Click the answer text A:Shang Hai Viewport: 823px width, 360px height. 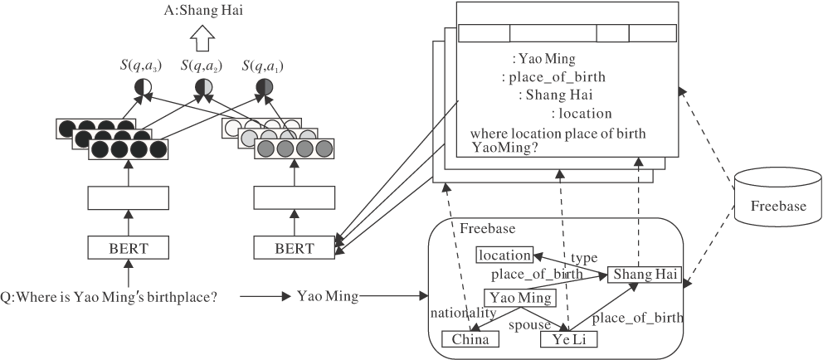(x=205, y=12)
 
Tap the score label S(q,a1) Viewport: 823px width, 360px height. (x=262, y=66)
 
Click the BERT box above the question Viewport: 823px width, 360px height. (x=128, y=246)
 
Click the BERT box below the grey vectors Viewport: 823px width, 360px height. (x=294, y=246)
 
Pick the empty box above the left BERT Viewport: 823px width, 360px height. (x=128, y=198)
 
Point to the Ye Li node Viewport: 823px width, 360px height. (x=568, y=338)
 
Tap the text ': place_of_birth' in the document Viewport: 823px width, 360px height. (x=553, y=77)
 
